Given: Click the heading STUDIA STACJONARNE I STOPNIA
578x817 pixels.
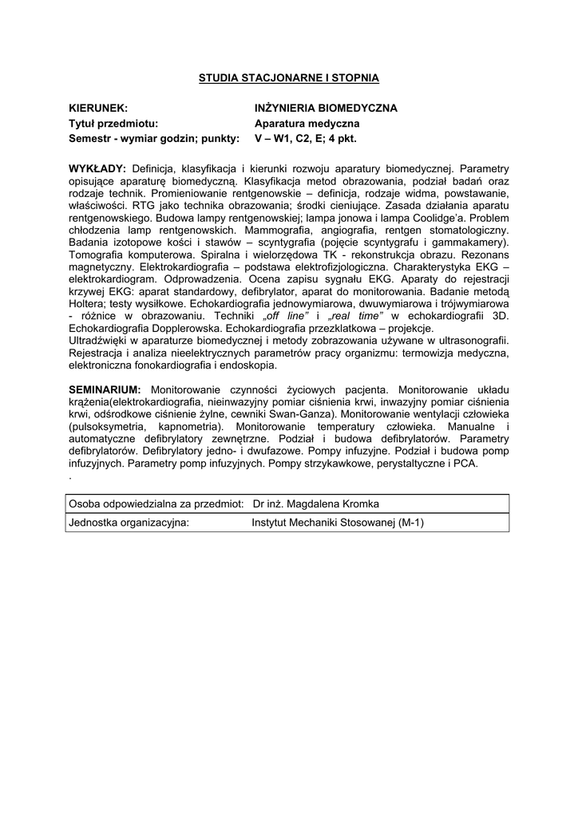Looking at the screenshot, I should [288, 78].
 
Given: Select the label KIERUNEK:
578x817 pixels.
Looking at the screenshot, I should [97, 108].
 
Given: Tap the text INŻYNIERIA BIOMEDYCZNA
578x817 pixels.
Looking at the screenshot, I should [325, 108].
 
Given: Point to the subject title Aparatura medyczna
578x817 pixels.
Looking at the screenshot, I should [307, 123].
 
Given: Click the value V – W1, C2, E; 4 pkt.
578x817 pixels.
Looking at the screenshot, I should [305, 138].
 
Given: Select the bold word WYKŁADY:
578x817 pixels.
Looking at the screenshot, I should [97, 169].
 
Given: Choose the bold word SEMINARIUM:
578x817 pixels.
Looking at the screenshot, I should [105, 389].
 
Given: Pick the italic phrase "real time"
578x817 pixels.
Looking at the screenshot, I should [354, 316].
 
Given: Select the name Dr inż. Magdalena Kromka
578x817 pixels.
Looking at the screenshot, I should [315, 504].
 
